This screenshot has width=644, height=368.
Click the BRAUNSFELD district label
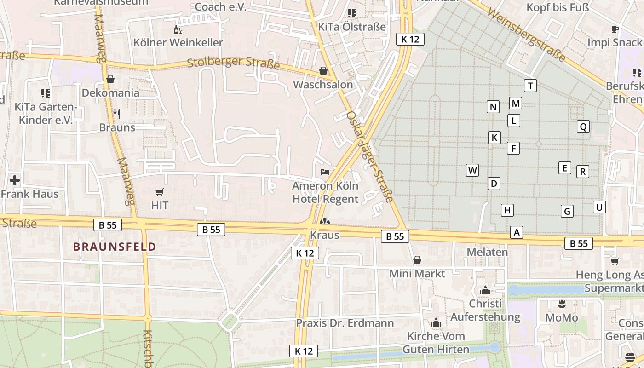coord(115,247)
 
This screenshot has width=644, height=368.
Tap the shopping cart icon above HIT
coord(160,192)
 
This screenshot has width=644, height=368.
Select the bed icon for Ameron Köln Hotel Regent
coord(325,172)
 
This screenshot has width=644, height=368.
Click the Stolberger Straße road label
coord(233,63)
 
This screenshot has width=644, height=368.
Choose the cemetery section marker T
coord(530,86)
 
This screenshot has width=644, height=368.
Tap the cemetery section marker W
coord(472,170)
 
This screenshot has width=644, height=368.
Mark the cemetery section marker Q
coord(583,126)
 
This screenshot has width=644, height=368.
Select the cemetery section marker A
coord(517,232)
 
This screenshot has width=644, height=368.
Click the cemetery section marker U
coord(599,207)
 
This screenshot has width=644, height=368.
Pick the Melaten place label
coord(487,252)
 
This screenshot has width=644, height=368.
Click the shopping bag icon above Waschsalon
coord(323,71)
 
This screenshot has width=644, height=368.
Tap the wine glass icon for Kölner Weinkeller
coord(178,30)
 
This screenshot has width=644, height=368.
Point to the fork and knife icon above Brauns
coord(117,114)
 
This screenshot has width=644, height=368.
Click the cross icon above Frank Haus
coord(15,180)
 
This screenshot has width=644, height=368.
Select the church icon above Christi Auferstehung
coord(485,290)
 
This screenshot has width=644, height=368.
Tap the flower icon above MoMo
coord(561,304)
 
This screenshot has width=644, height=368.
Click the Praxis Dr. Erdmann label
coord(345,323)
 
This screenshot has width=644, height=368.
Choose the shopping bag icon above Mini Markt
coord(417,260)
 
